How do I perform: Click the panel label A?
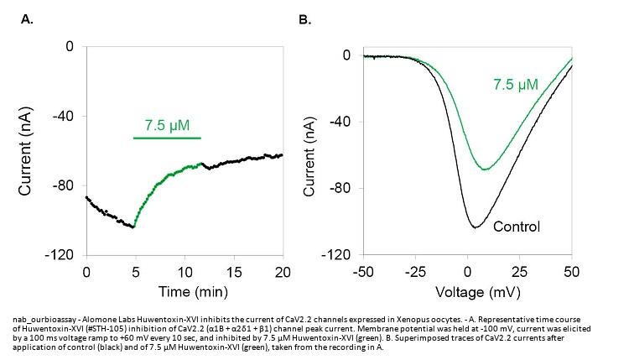click(27, 17)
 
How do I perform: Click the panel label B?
click(305, 17)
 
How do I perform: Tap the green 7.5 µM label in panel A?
click(167, 126)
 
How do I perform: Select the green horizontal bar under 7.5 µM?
click(167, 138)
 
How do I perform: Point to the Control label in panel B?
click(516, 226)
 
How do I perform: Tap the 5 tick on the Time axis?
click(135, 273)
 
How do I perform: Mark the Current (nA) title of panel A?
click(26, 151)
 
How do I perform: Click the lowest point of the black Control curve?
click(476, 227)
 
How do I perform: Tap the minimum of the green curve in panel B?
click(485, 170)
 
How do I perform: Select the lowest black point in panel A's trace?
click(133, 227)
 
